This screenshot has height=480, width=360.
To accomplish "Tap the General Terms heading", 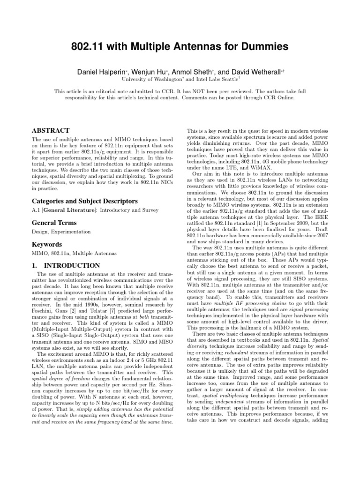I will coord(54,223).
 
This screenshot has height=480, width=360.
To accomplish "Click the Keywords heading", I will coord(46,245).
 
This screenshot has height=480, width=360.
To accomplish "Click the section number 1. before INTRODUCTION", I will coord(35,265).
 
